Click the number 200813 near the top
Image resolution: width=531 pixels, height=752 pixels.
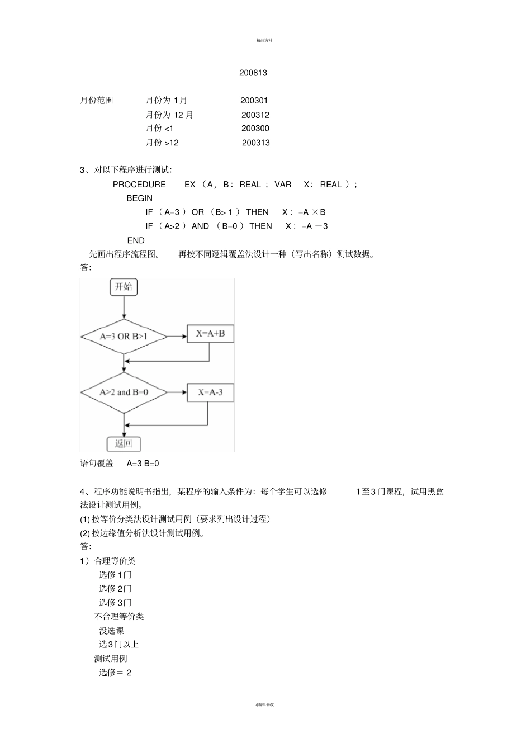pos(253,73)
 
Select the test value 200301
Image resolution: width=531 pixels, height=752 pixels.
pos(254,101)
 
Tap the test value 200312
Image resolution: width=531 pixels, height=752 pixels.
pos(255,115)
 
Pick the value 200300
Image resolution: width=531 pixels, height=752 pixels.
pos(255,129)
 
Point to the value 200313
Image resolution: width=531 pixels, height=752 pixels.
pos(255,143)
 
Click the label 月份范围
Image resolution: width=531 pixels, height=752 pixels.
pos(97,101)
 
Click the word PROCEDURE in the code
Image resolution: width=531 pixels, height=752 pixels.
pos(139,185)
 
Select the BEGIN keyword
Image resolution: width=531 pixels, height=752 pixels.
pos(139,198)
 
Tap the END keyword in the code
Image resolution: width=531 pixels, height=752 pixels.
pos(136,240)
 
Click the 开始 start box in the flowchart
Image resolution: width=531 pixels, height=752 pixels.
pos(124,287)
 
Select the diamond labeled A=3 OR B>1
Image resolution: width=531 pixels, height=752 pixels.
pos(124,337)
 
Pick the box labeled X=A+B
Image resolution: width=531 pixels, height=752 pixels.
pos(210,334)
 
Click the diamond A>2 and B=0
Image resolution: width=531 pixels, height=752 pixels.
pos(124,392)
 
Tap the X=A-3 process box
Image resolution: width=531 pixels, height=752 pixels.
pos(210,392)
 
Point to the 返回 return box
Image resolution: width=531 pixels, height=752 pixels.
pos(124,444)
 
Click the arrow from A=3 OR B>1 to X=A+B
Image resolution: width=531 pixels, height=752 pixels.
pos(177,337)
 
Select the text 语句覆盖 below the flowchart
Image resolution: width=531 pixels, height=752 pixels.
pos(97,464)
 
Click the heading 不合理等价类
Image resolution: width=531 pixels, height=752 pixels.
pos(119,617)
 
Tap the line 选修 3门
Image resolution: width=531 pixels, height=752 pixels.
pos(115,603)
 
